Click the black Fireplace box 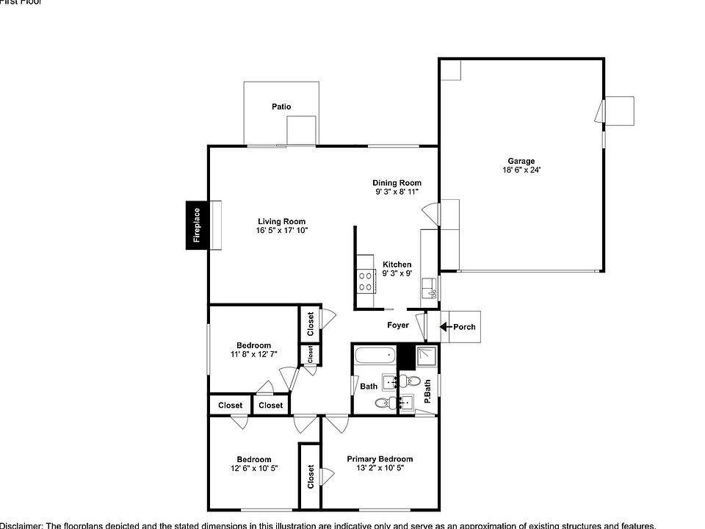(x=197, y=225)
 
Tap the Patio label (x=281, y=107)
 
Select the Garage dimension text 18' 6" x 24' (x=521, y=170)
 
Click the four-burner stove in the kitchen (x=364, y=280)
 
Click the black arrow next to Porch (x=445, y=327)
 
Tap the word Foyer (x=398, y=325)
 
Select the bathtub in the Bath (x=375, y=357)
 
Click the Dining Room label (x=397, y=183)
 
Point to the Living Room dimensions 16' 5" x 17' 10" (x=281, y=231)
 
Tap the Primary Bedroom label (x=380, y=458)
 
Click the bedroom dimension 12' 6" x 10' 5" (x=253, y=468)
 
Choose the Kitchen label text (x=397, y=264)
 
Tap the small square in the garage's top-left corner (x=450, y=69)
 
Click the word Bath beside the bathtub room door (x=369, y=386)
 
